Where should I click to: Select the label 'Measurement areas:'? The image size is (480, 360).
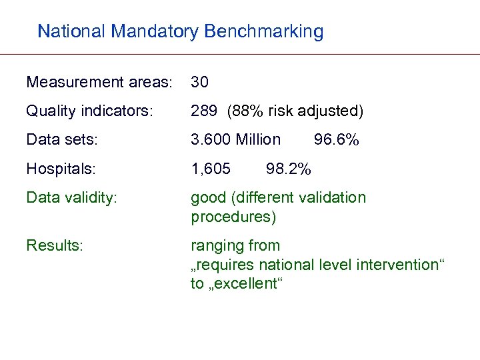tap(99, 83)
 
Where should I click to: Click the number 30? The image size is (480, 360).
tap(200, 83)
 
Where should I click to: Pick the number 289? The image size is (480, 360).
tap(204, 111)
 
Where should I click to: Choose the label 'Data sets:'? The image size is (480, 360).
tap(61, 139)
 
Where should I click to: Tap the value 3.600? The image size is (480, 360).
tap(211, 139)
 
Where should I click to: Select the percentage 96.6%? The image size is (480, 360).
tap(336, 139)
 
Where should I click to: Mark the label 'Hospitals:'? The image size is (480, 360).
tap(60, 169)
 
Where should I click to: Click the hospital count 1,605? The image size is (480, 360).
tap(211, 169)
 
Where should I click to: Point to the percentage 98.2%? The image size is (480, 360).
tap(288, 169)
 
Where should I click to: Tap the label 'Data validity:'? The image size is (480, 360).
tap(71, 197)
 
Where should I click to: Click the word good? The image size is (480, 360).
tap(208, 197)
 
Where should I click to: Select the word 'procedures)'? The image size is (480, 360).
tap(233, 217)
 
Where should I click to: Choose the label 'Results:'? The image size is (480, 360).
tap(55, 245)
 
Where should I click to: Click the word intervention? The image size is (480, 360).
tap(397, 265)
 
